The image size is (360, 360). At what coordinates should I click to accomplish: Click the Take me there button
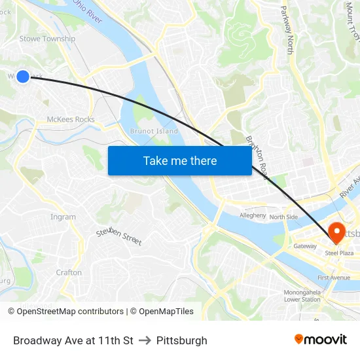179,160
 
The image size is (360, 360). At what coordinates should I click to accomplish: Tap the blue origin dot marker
23,77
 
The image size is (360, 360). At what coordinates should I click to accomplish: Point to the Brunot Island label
154,131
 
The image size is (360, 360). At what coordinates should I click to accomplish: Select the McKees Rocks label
71,119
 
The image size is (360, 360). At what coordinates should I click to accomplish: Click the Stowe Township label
47,39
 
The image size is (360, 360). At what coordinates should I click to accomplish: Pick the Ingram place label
63,217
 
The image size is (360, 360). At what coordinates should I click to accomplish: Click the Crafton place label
69,272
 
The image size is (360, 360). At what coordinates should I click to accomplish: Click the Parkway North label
288,30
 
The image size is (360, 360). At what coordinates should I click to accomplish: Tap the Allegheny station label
253,215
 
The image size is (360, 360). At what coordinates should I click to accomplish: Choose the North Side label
283,217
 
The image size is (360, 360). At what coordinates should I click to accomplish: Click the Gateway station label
305,246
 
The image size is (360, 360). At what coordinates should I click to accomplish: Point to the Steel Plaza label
339,253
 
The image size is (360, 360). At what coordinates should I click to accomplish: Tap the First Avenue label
334,278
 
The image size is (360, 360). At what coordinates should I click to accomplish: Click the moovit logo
320,340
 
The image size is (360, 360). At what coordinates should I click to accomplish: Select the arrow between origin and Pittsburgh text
145,340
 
